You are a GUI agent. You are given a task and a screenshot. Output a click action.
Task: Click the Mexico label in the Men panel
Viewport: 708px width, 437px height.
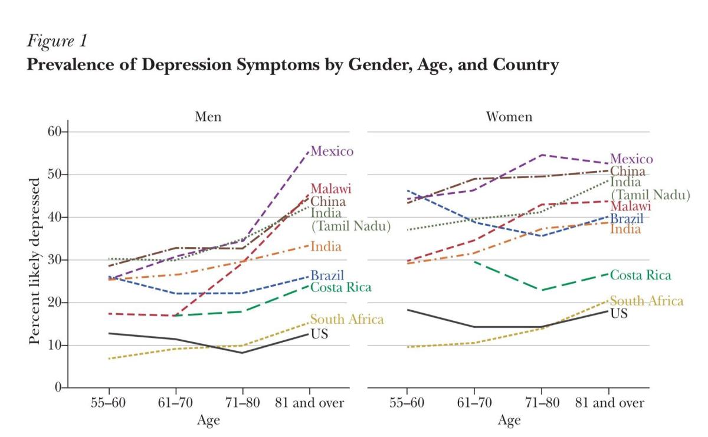pos(332,152)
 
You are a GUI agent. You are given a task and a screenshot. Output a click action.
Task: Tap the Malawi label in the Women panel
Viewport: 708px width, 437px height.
pos(631,206)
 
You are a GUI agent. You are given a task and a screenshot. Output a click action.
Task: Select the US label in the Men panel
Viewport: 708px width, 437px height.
pos(319,334)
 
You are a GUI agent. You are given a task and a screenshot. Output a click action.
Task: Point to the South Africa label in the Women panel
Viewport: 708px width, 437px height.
pos(647,301)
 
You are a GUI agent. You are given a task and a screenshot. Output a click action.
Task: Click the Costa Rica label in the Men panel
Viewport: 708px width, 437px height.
pos(341,287)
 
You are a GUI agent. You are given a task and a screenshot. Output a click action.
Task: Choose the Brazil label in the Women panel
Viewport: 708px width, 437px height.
pos(627,219)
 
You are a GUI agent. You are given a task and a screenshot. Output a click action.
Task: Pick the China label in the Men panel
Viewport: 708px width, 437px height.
pos(328,202)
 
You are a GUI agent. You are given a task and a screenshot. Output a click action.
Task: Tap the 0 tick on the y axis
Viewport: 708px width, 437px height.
pos(58,387)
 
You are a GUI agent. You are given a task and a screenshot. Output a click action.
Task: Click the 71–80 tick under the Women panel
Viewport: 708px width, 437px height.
pos(541,403)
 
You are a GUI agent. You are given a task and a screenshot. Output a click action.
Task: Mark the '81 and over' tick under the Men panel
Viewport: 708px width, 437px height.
pos(310,403)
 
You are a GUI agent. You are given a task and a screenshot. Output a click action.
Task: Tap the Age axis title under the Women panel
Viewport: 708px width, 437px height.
pos(509,420)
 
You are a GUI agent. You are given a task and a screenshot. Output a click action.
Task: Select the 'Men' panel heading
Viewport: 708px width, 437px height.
pos(208,116)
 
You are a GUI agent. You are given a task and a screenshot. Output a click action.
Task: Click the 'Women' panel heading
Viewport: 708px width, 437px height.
pos(509,116)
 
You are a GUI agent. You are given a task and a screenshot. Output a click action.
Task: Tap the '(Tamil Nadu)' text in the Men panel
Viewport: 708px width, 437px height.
pos(351,226)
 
